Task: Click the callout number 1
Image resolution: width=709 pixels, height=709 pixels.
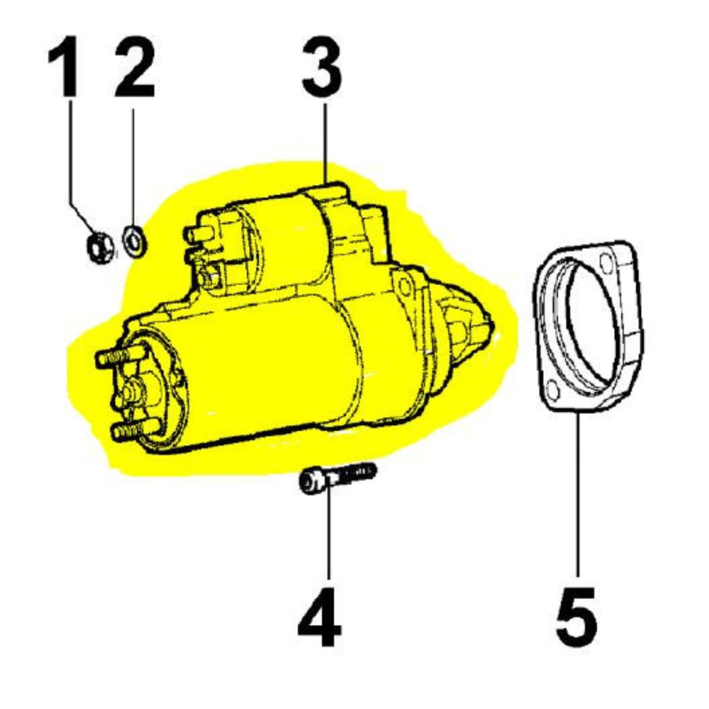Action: coord(64,67)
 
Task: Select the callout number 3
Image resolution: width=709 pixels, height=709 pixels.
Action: coord(322,67)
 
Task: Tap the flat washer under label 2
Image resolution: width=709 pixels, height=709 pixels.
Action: coord(135,242)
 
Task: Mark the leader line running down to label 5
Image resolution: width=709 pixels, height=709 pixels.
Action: coord(578,492)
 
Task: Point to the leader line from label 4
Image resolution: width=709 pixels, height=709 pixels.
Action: coord(329,534)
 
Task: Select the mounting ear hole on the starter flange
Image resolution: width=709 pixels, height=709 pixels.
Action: coord(405,286)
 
